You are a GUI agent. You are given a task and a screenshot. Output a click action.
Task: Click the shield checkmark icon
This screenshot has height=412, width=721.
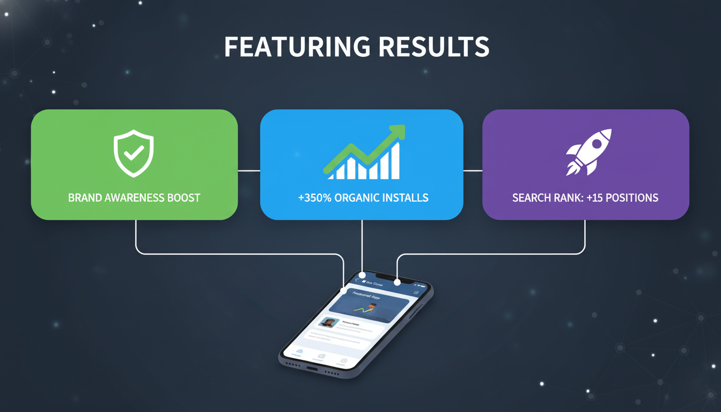point(134,153)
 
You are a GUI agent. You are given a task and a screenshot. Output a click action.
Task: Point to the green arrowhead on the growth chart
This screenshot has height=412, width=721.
point(398,131)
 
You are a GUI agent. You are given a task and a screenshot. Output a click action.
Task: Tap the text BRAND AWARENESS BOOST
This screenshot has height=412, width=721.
point(134,198)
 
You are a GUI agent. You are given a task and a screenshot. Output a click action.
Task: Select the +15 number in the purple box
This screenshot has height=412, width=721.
point(595,198)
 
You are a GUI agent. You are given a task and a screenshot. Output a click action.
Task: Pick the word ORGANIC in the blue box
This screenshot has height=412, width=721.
point(358,198)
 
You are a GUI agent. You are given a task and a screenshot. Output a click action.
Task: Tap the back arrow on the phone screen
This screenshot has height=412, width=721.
point(357,280)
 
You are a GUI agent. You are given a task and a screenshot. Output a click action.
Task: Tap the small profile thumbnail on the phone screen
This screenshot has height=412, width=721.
point(328,323)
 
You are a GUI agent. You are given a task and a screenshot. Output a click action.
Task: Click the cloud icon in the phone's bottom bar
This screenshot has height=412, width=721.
point(299,351)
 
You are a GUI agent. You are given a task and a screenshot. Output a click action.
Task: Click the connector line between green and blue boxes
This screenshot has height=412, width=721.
point(249,171)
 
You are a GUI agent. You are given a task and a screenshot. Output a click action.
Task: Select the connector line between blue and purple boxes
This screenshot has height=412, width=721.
point(473,171)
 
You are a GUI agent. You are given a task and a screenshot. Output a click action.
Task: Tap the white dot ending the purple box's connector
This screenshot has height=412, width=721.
point(397,282)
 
